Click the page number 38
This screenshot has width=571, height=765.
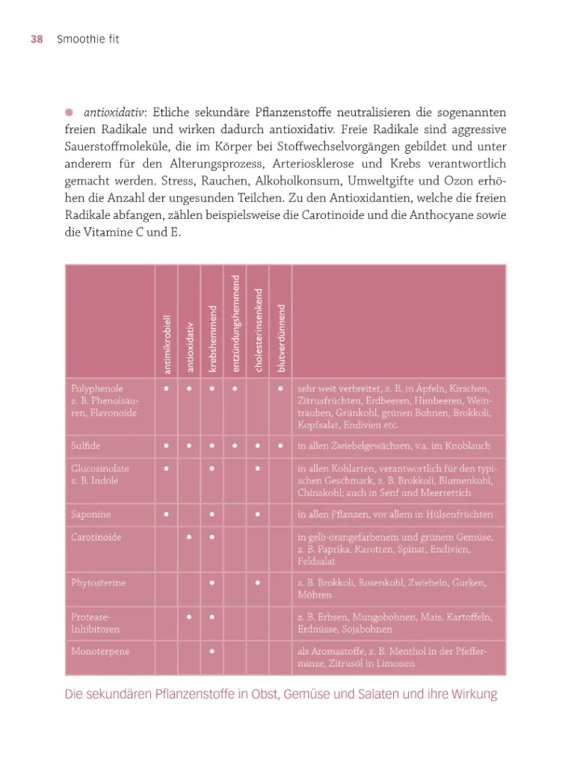37,40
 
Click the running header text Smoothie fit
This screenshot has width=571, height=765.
87,40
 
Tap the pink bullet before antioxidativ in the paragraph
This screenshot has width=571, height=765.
69,113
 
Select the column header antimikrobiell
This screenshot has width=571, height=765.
167,344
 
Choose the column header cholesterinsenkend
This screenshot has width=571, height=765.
259,329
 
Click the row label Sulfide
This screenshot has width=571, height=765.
85,446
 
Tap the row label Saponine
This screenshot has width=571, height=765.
90,515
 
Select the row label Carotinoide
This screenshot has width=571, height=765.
96,537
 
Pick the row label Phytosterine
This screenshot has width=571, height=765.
98,582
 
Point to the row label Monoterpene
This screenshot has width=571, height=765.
100,651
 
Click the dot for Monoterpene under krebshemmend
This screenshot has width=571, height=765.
213,651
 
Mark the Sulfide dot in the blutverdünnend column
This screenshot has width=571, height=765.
280,446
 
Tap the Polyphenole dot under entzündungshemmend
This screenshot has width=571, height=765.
235,388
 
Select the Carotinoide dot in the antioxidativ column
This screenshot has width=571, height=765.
190,537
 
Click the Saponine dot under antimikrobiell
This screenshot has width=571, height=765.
166,515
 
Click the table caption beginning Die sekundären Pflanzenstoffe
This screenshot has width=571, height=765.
281,695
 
